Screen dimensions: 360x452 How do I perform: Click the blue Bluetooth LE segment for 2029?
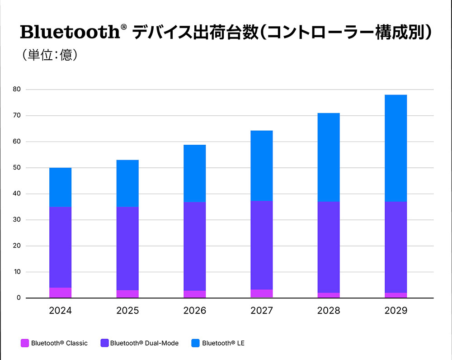point(395,148)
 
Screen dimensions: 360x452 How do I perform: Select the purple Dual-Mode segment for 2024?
point(60,247)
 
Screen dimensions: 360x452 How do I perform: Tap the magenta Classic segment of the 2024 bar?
point(60,293)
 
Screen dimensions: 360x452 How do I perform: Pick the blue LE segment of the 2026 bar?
point(194,174)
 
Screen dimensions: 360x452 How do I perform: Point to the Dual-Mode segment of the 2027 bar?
point(261,245)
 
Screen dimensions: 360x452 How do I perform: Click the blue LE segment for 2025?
point(127,184)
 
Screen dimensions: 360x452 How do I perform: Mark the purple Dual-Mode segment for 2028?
point(329,247)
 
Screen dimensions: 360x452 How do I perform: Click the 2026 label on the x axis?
point(194,311)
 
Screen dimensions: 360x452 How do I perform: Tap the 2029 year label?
point(395,311)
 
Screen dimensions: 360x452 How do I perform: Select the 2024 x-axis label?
point(60,311)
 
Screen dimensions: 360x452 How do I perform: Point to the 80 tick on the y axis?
point(17,90)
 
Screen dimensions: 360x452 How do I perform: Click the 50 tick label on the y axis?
point(17,168)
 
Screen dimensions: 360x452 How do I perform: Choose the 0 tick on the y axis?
point(19,298)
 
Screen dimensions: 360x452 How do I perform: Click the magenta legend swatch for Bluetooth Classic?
point(24,343)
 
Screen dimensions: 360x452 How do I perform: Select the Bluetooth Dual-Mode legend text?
point(144,343)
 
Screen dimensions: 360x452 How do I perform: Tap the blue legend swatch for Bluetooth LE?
point(195,343)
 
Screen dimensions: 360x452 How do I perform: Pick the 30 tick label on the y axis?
point(17,220)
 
